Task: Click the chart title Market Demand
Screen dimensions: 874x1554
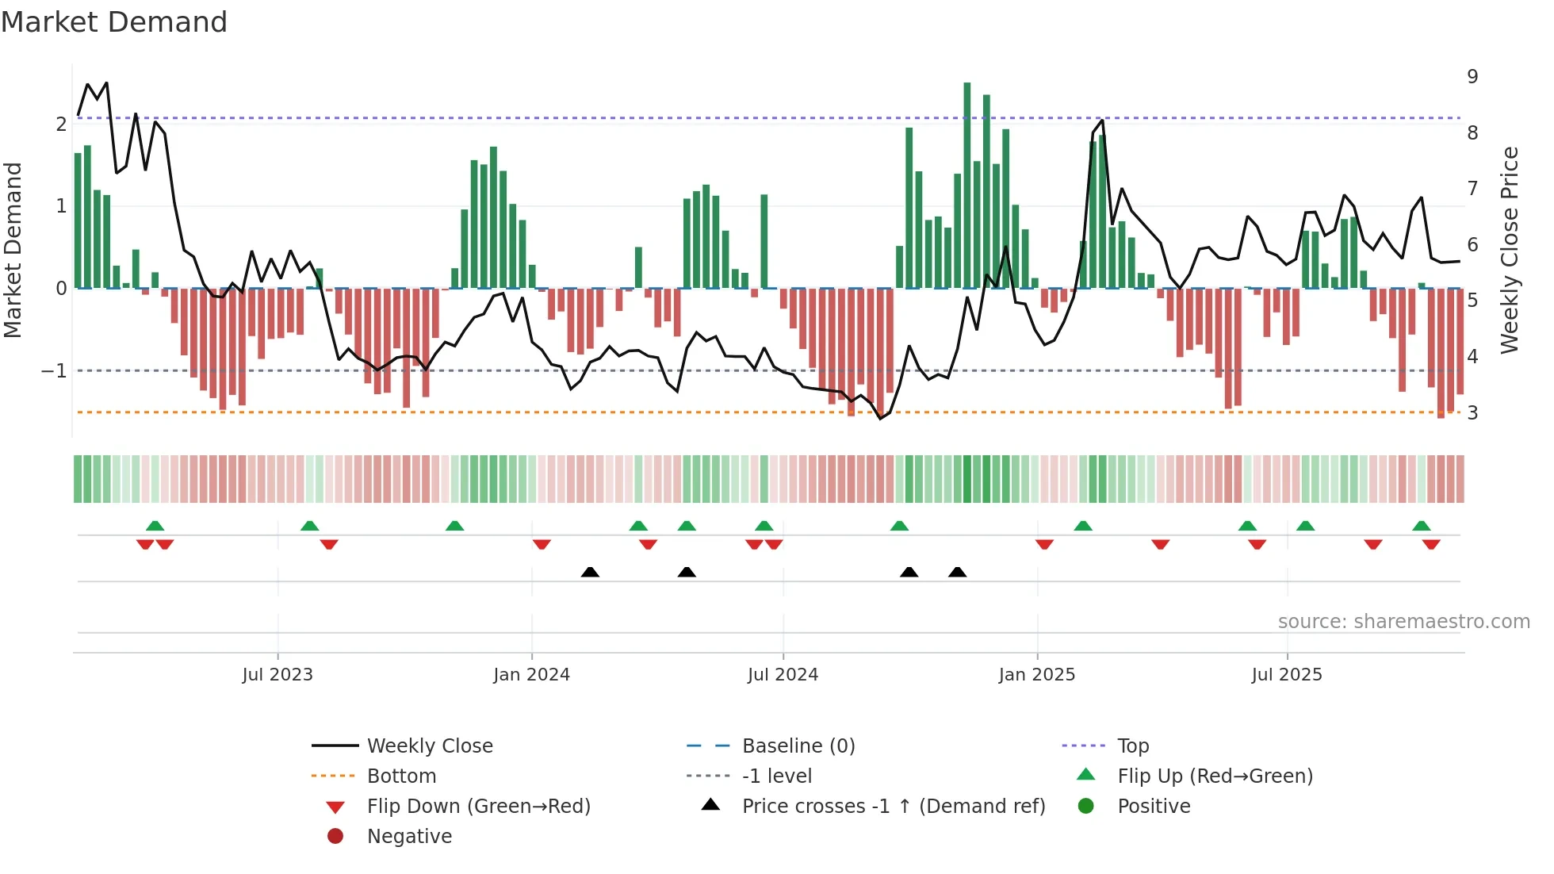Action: pos(114,22)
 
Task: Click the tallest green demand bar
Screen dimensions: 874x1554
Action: pos(967,185)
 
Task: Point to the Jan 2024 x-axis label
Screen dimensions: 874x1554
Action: pos(531,675)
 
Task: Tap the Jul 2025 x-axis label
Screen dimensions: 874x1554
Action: pos(1287,675)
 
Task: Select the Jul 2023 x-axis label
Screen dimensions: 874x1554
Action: pos(277,675)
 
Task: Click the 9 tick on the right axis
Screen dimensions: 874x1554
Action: pos(1472,77)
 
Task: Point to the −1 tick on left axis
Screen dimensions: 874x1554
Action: pos(54,371)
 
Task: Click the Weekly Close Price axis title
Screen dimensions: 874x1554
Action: pos(1510,250)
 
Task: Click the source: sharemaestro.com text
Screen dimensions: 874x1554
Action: pos(1403,622)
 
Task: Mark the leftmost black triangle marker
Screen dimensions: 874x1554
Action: pos(590,572)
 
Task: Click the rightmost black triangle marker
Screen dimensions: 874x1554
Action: pos(958,572)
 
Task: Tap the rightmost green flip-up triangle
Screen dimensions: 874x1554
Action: pos(1422,526)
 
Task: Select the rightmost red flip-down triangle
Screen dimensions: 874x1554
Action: pos(1431,544)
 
